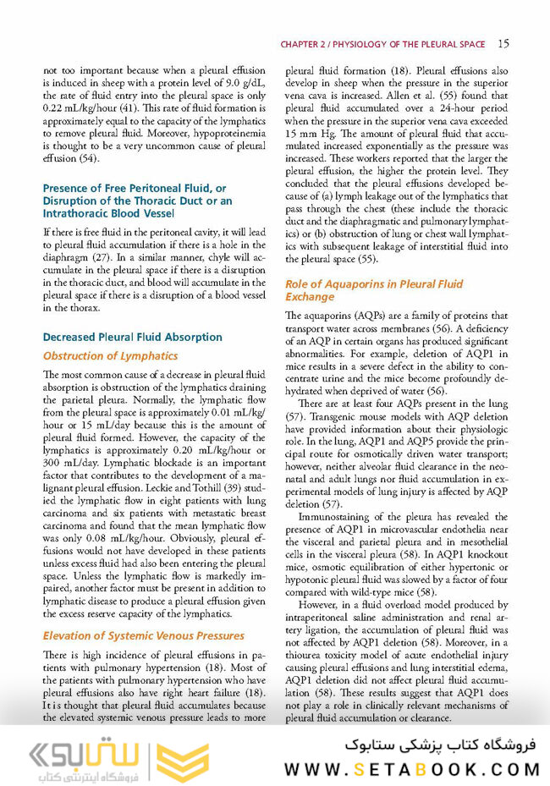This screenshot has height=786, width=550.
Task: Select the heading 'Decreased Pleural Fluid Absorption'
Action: (132, 337)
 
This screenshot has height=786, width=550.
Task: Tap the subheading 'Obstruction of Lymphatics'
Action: (110, 355)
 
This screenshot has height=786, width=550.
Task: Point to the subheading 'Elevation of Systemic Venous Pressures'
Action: (143, 635)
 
